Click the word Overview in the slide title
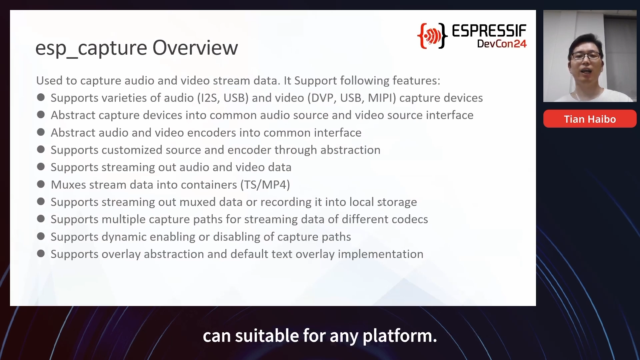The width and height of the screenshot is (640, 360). click(x=195, y=48)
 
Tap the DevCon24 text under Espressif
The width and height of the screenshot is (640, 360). click(x=502, y=44)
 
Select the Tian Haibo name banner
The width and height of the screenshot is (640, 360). click(x=590, y=119)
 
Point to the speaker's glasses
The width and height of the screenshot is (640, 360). click(x=586, y=56)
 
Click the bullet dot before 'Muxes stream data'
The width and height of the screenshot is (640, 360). click(x=41, y=184)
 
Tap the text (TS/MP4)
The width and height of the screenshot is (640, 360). click(x=265, y=185)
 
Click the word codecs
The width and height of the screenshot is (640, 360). click(x=410, y=219)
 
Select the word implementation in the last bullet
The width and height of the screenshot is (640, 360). click(x=381, y=254)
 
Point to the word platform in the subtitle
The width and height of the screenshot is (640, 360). click(x=400, y=336)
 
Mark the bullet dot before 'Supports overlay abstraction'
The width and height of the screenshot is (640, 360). click(x=41, y=254)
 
